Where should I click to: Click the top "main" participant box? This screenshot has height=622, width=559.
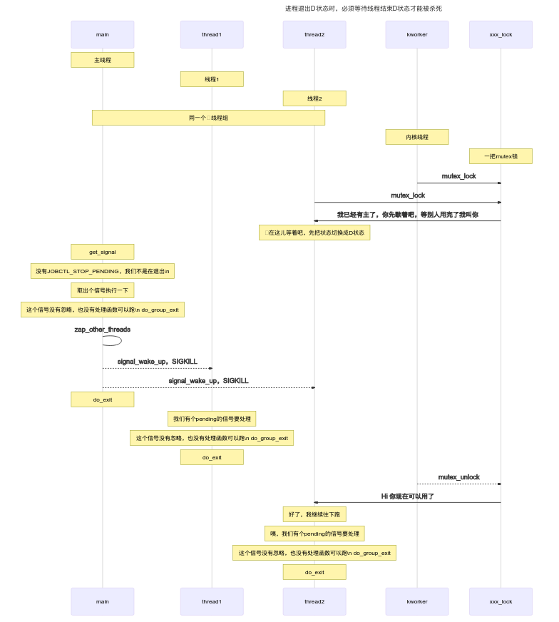[x=103, y=34]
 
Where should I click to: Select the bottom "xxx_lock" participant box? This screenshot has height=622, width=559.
[x=501, y=601]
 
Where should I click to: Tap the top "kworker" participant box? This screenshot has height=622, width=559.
[x=417, y=34]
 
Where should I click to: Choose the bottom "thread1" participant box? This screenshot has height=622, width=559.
[x=212, y=601]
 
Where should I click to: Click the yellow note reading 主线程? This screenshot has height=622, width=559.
[x=103, y=60]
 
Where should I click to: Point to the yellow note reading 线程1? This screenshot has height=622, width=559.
[x=212, y=79]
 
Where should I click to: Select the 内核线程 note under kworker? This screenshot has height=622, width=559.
[x=417, y=137]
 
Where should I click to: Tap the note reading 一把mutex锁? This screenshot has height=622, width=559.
[x=501, y=156]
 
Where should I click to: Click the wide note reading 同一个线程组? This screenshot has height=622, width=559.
[x=208, y=118]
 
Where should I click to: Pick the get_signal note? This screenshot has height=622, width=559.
[x=103, y=252]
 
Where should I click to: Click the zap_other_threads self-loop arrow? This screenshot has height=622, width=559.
[x=113, y=341]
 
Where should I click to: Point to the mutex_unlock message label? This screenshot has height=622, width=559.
[x=458, y=477]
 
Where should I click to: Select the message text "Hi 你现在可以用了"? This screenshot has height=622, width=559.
[x=407, y=496]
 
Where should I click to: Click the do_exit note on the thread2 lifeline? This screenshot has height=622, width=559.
[x=314, y=572]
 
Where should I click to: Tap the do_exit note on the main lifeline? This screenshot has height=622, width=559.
[x=103, y=399]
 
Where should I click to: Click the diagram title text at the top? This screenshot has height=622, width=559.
[x=364, y=9]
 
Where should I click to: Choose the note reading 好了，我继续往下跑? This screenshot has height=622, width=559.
[x=314, y=514]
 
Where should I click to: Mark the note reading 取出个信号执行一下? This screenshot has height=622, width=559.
[x=103, y=290]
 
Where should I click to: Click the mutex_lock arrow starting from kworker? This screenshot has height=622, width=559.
[x=458, y=183]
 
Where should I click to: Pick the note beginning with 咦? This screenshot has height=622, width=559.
[x=314, y=534]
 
